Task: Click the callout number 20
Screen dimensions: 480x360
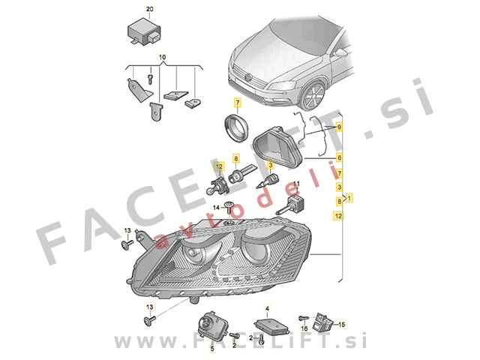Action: pyautogui.click(x=150, y=9)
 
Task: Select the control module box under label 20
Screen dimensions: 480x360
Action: pyautogui.click(x=144, y=31)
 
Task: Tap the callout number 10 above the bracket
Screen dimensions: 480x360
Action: pyautogui.click(x=162, y=57)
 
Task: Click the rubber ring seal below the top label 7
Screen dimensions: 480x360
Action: pyautogui.click(x=236, y=127)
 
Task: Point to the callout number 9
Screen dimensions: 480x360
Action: pyautogui.click(x=339, y=127)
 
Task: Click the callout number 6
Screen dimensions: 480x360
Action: pyautogui.click(x=339, y=158)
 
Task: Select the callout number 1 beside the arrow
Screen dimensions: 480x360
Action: pyautogui.click(x=349, y=197)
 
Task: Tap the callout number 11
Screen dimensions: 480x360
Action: pyautogui.click(x=297, y=184)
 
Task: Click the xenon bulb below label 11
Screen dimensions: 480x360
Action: pyautogui.click(x=289, y=205)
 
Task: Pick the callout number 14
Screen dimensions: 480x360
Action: pyautogui.click(x=216, y=208)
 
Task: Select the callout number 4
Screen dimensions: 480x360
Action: pyautogui.click(x=267, y=308)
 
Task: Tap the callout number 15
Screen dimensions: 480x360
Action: pyautogui.click(x=342, y=324)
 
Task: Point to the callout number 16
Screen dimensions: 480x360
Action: pyautogui.click(x=304, y=328)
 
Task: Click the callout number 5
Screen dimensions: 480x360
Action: pyautogui.click(x=212, y=348)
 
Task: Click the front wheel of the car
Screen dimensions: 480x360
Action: pyautogui.click(x=312, y=96)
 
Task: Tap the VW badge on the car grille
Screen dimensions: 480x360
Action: pyautogui.click(x=248, y=77)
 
